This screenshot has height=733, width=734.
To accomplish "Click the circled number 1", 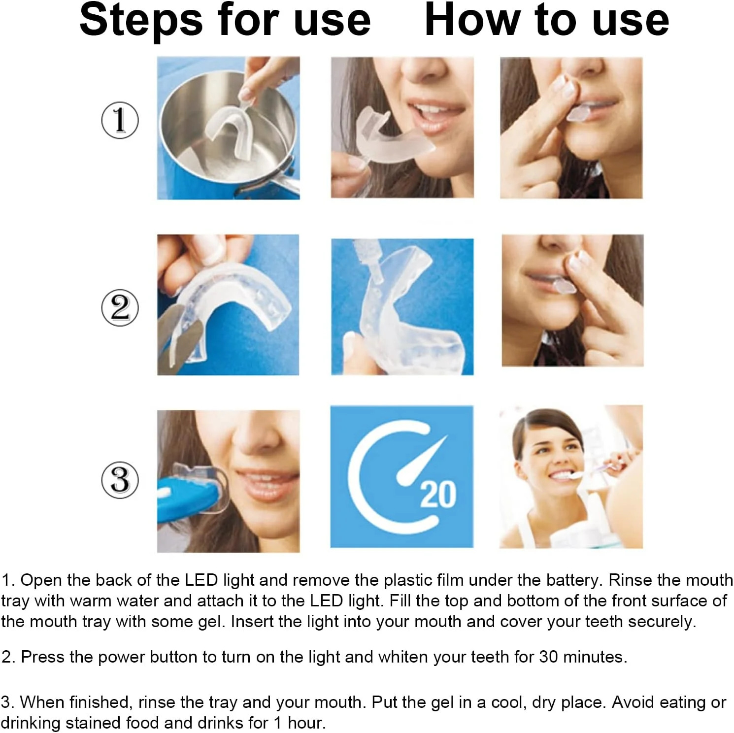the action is [x=120, y=120].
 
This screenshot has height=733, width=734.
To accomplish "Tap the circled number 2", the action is [x=120, y=308].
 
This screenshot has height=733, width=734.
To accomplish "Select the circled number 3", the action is [x=120, y=480].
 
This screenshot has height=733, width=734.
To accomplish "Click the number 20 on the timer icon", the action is [x=438, y=495].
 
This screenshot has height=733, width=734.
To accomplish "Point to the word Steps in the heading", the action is [x=141, y=21].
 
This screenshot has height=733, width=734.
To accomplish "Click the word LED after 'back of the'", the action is [x=201, y=580].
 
